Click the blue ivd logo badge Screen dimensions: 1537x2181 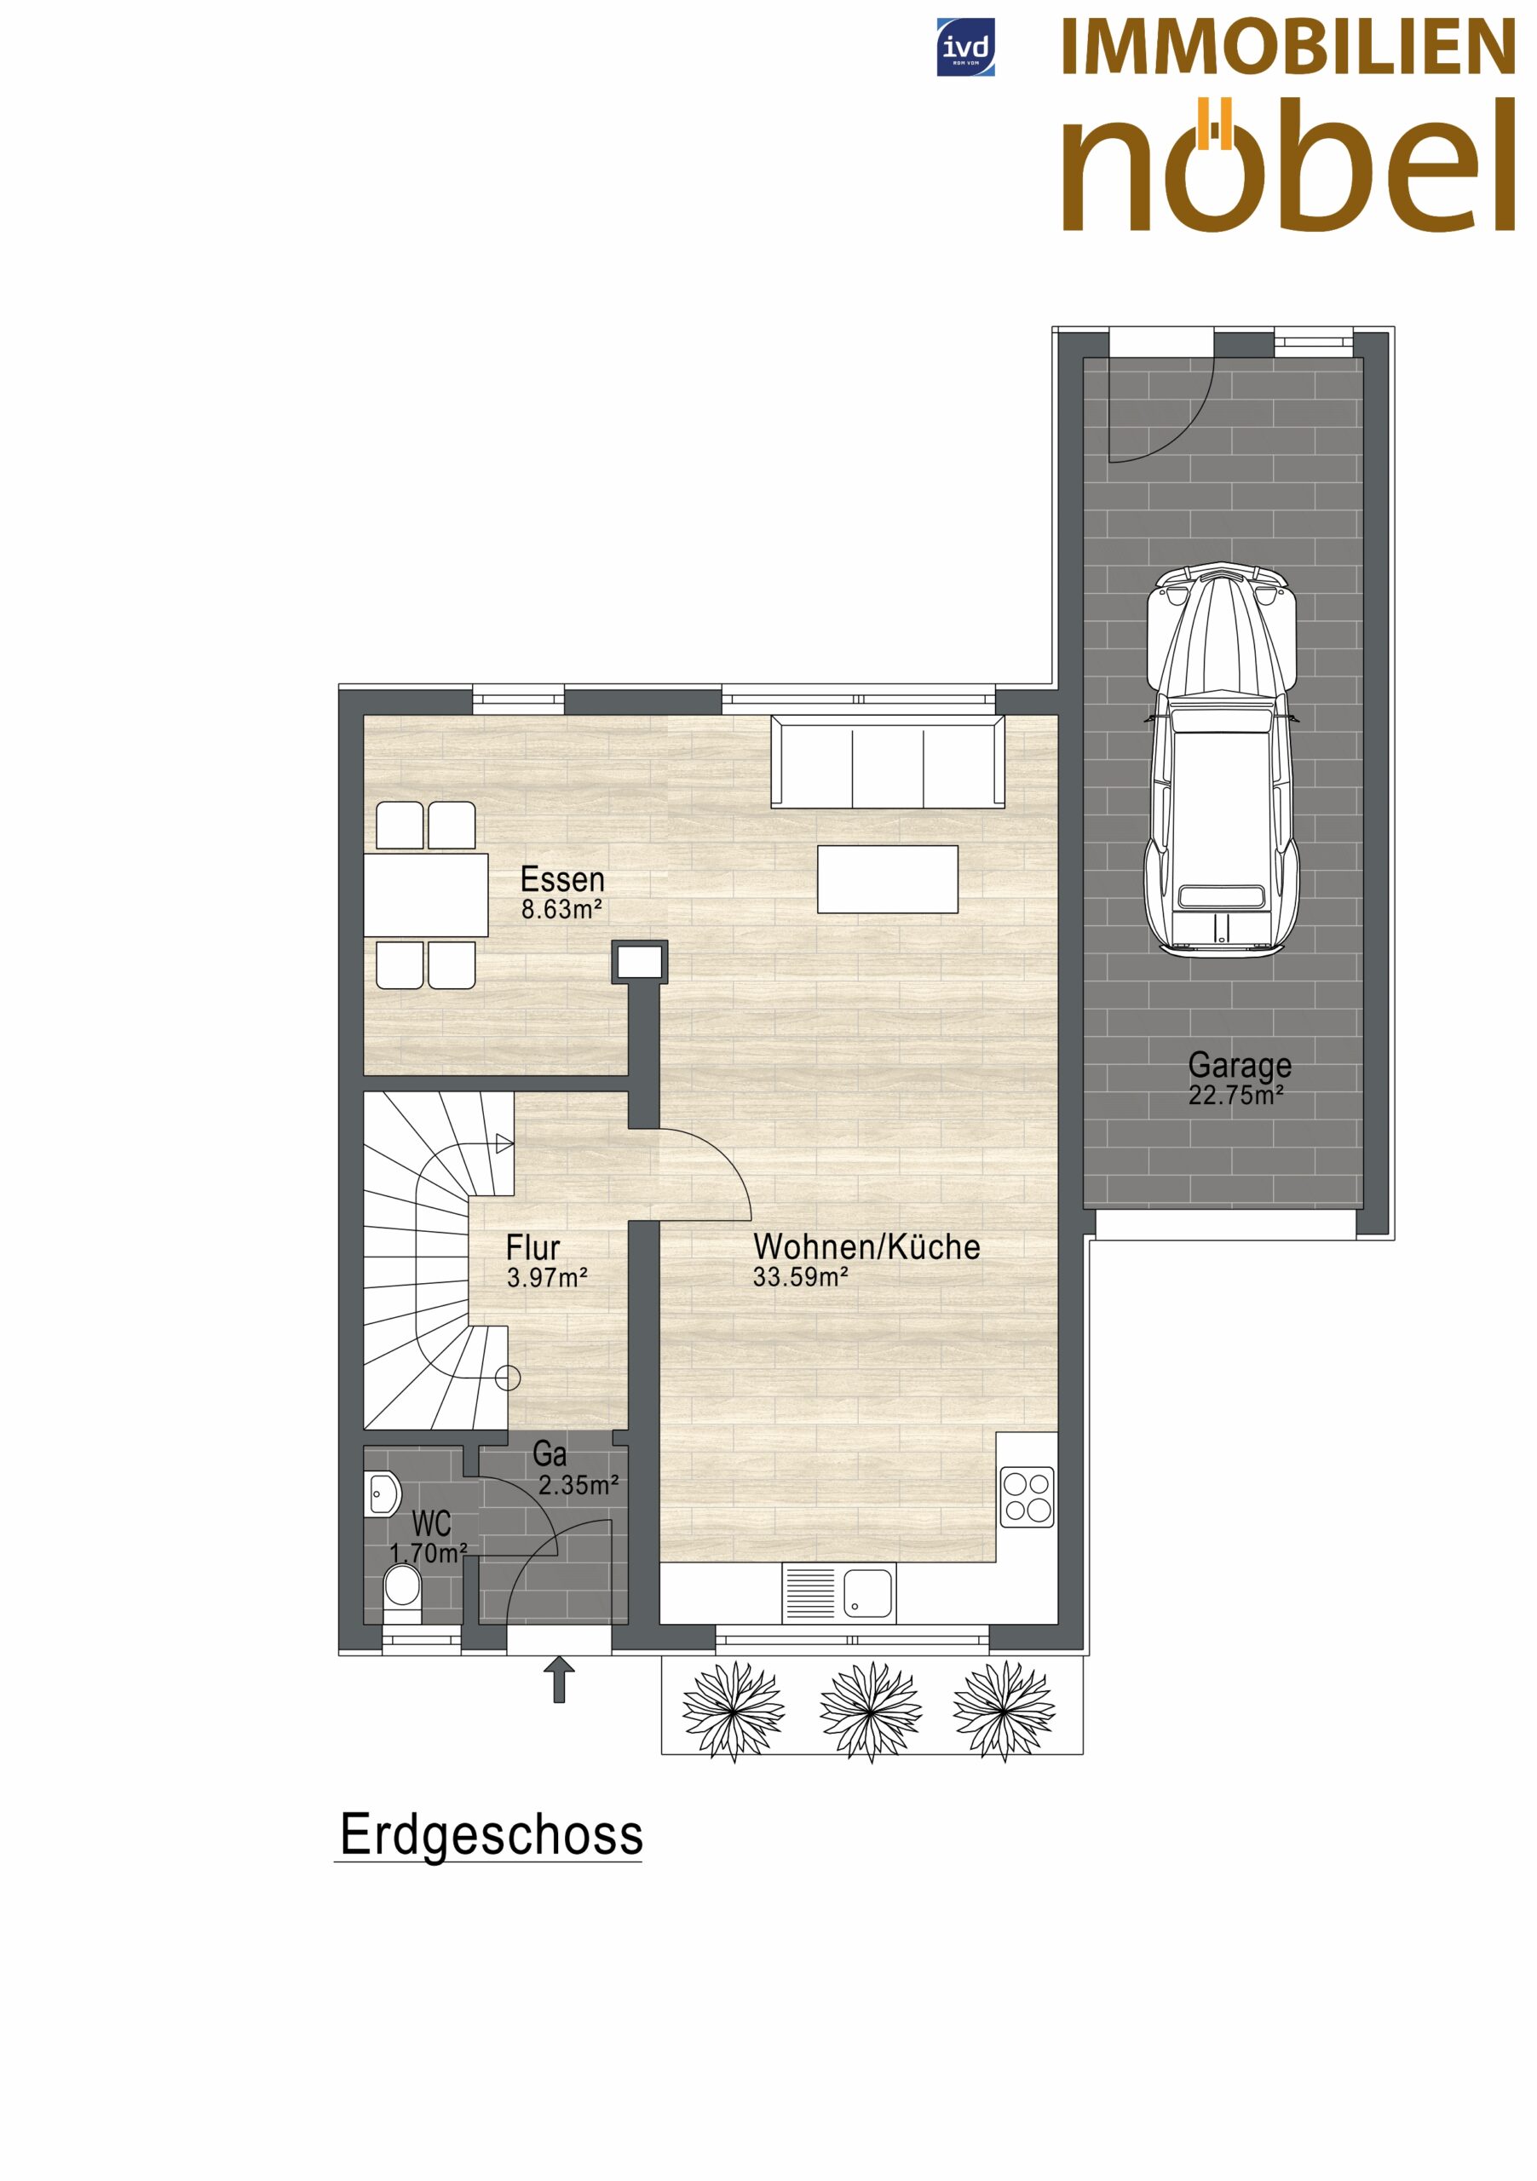pyautogui.click(x=965, y=47)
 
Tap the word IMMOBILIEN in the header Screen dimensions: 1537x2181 pyautogui.click(x=1288, y=48)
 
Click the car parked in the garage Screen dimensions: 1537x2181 pyautogui.click(x=1221, y=759)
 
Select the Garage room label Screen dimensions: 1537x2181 pyautogui.click(x=1240, y=1066)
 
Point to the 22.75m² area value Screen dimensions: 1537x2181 pyautogui.click(x=1236, y=1096)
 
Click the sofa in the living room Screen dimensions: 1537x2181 pyautogui.click(x=887, y=762)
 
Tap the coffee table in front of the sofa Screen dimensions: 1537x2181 pyautogui.click(x=887, y=879)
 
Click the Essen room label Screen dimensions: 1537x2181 pyautogui.click(x=562, y=879)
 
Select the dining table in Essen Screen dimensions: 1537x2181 pyautogui.click(x=426, y=895)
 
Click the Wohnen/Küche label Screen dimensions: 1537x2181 pyautogui.click(x=866, y=1246)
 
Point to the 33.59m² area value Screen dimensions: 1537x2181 pyautogui.click(x=801, y=1278)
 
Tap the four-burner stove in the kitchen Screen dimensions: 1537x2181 pyautogui.click(x=1028, y=1496)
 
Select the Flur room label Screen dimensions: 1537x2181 pyautogui.click(x=532, y=1247)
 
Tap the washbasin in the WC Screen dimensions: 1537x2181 pyautogui.click(x=382, y=1494)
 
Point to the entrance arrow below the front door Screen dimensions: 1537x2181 pyautogui.click(x=560, y=1679)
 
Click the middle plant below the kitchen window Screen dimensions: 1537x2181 pyautogui.click(x=871, y=1712)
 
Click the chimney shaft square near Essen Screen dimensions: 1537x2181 pyautogui.click(x=639, y=962)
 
